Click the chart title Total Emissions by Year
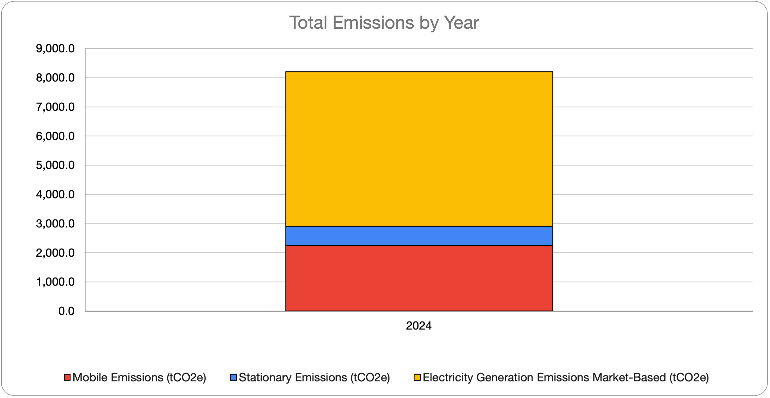(384, 22)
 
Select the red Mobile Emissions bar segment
(419, 278)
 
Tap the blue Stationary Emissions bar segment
(419, 236)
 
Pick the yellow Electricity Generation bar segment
(419, 149)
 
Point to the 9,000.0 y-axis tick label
(55, 48)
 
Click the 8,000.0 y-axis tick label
(55, 78)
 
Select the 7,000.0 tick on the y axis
(55, 107)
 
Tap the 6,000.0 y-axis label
(55, 136)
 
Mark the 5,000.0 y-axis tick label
(55, 165)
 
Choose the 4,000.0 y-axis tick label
(55, 195)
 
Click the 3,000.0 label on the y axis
(55, 223)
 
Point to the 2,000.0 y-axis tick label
(55, 253)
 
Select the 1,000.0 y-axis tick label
(55, 282)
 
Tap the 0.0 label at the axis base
(66, 311)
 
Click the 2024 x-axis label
(418, 326)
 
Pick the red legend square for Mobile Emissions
(67, 377)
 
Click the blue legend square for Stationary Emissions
(234, 377)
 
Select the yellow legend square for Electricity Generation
(417, 377)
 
